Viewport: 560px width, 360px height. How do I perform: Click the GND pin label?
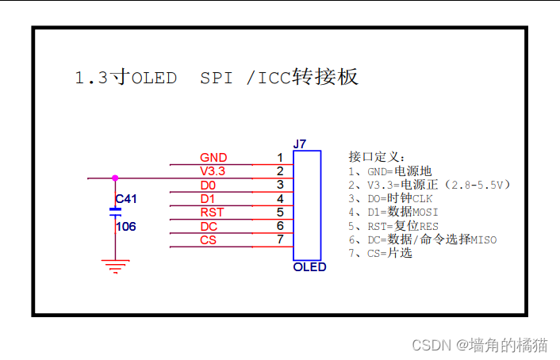tap(213, 157)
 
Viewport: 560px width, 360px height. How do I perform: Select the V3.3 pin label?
tap(213, 171)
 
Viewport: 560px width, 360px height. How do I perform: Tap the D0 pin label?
tap(207, 185)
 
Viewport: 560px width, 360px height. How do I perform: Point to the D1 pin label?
tap(207, 198)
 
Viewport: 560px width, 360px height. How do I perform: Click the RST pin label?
tap(211, 213)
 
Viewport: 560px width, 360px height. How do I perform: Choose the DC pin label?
tap(209, 227)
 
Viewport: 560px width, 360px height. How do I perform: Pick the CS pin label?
tap(208, 240)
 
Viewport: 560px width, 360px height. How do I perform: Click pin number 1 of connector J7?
tap(279, 157)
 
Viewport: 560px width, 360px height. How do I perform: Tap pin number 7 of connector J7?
tap(279, 240)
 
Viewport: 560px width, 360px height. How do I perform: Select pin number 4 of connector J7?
tap(279, 198)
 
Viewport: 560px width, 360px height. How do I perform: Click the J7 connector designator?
tap(299, 144)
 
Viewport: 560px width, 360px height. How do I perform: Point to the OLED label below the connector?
tap(309, 267)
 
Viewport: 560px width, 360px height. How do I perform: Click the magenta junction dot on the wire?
tap(115, 178)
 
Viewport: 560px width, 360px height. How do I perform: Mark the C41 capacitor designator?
tap(125, 198)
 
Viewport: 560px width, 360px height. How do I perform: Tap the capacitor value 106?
tap(125, 226)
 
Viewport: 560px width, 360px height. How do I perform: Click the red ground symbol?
tap(115, 264)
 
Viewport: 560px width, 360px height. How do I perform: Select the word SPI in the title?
tap(217, 78)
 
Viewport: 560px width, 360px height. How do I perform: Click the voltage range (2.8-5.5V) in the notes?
tap(478, 185)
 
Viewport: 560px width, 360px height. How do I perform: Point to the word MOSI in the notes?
tap(424, 213)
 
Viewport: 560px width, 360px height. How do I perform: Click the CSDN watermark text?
tap(432, 345)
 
